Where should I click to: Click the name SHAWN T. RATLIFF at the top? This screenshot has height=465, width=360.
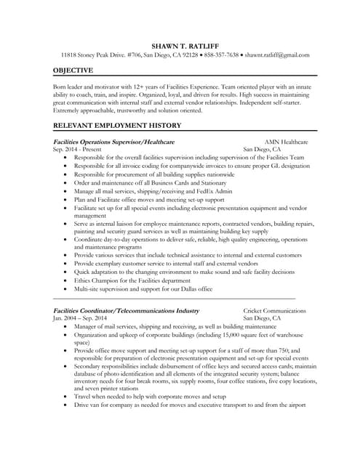tap(180, 43)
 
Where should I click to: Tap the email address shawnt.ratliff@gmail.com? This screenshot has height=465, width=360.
tap(277, 54)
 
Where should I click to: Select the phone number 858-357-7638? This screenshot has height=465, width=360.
tap(222, 54)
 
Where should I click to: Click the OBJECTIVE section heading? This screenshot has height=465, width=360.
tap(73, 70)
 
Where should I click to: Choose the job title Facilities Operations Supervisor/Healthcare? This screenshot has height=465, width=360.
tap(113, 141)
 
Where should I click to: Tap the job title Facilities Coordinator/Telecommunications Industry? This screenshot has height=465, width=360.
tap(126, 310)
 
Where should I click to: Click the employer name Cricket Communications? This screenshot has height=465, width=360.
tap(275, 310)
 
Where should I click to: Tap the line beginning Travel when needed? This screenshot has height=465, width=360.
tap(150, 397)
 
